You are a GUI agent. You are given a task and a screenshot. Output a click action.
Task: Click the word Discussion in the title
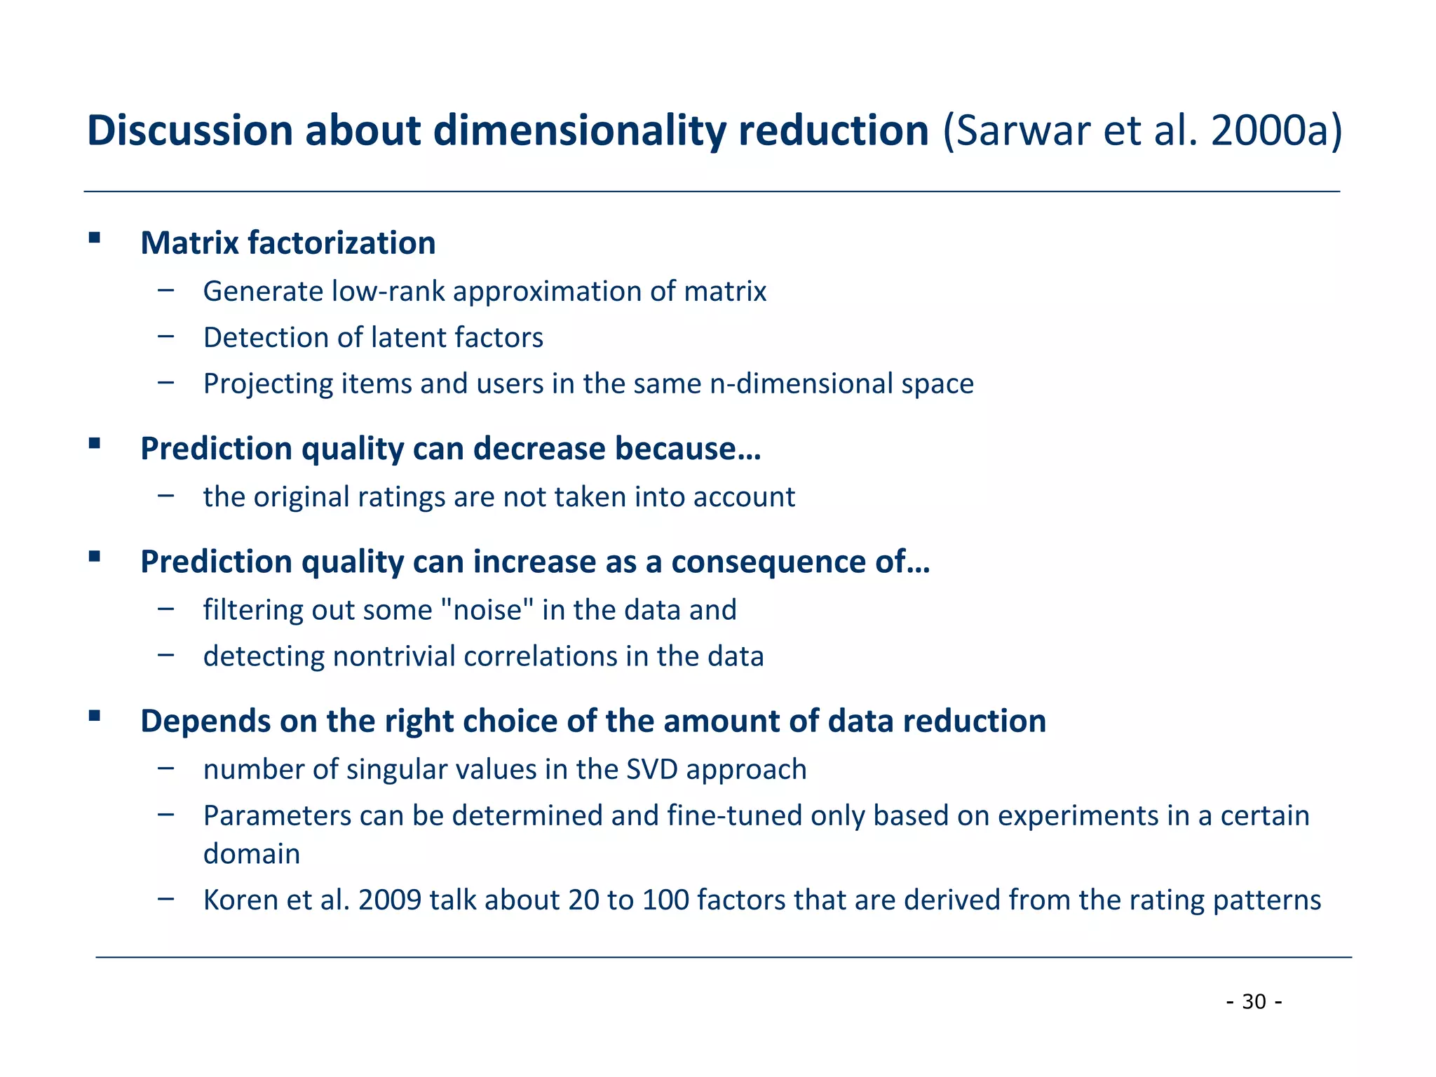[189, 131]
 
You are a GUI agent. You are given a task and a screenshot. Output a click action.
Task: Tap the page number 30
[1254, 1002]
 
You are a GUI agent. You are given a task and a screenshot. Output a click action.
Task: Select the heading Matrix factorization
[287, 243]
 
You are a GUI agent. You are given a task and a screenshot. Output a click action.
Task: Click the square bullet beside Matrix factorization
[95, 238]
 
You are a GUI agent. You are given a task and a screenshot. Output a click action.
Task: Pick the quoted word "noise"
[488, 610]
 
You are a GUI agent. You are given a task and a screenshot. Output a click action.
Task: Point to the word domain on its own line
[252, 854]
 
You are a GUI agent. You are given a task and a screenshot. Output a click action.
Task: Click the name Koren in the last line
[241, 900]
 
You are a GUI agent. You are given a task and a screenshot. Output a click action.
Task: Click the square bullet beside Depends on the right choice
[95, 716]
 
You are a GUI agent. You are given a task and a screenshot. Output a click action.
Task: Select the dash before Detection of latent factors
[166, 337]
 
